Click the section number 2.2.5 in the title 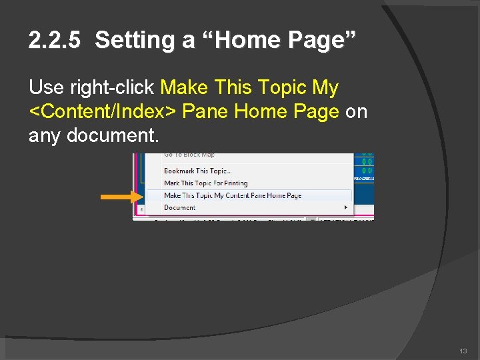[x=54, y=41]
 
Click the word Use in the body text [x=46, y=88]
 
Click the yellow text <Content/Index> [x=103, y=112]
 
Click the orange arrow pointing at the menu [x=121, y=197]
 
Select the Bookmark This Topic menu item [x=197, y=171]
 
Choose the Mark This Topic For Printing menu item [x=205, y=183]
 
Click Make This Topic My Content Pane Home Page [x=233, y=195]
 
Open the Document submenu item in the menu [x=180, y=207]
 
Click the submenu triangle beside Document [x=346, y=207]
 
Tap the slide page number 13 [x=463, y=351]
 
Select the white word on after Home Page [x=356, y=112]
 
